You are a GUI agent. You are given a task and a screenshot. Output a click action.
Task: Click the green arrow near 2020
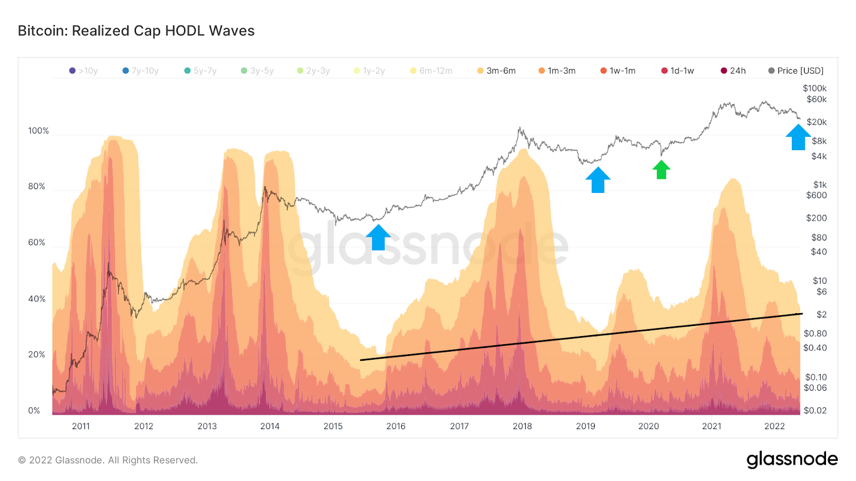(661, 170)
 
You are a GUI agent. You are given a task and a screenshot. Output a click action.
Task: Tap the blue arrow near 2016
(378, 237)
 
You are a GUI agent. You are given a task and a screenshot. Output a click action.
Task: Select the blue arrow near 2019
(598, 180)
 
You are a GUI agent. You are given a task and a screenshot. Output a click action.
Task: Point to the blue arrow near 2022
(798, 137)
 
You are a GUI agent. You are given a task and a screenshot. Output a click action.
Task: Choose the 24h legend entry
(733, 71)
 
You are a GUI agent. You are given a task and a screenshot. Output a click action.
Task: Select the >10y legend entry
(83, 71)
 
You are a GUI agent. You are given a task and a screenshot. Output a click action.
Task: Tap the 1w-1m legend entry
(618, 71)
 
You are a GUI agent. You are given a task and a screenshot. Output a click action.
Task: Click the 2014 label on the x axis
(270, 426)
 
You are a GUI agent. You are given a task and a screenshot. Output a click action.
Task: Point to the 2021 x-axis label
(712, 426)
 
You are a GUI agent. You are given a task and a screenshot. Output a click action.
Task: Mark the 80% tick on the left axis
(36, 187)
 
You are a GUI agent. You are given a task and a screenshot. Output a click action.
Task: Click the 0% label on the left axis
(34, 410)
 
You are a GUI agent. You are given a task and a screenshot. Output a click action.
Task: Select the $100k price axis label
(814, 88)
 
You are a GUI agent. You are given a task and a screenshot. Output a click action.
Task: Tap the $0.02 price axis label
(815, 410)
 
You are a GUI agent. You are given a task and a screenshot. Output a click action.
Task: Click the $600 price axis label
(816, 196)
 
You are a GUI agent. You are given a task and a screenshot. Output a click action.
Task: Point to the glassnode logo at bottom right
(792, 460)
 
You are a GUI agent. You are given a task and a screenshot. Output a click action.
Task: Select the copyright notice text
(108, 460)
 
